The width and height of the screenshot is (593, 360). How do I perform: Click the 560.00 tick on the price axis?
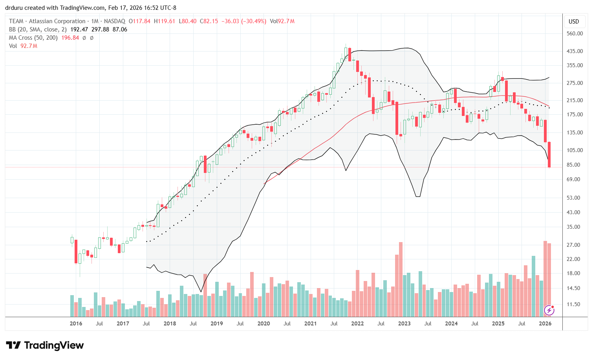pos(574,33)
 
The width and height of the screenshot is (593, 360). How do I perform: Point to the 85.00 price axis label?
pos(574,165)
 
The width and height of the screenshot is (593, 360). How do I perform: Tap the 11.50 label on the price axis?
pos(574,304)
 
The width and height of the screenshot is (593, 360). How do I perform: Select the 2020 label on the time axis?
pos(264,323)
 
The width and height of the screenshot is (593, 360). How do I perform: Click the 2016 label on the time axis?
pos(76,323)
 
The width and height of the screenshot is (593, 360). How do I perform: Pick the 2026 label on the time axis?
pos(545,323)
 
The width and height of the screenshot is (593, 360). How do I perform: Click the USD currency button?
pos(574,22)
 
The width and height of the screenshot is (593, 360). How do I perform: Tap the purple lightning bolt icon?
pos(549,310)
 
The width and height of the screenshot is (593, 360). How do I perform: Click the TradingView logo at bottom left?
pos(45,345)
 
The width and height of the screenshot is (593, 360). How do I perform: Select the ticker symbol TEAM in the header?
pos(16,21)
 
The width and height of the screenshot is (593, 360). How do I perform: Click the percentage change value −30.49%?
pos(255,21)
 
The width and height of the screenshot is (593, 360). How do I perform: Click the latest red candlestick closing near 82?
pos(549,154)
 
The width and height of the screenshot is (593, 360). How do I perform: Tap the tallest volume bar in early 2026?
pos(545,279)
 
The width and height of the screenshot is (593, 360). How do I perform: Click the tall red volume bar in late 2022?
pos(401,279)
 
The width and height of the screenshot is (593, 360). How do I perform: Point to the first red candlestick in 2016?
pos(76,251)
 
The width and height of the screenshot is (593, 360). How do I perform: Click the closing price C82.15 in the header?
pos(208,21)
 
